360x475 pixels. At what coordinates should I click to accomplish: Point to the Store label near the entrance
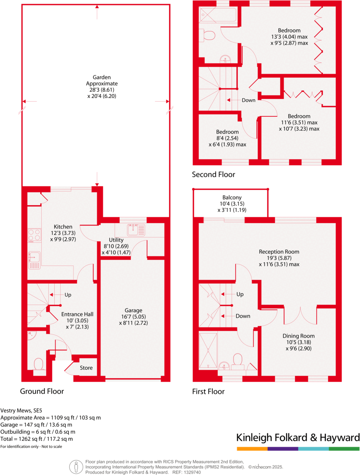pyautogui.click(x=86, y=368)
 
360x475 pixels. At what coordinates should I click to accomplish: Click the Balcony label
pyautogui.click(x=232, y=198)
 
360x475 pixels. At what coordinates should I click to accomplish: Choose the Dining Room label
pyautogui.click(x=298, y=336)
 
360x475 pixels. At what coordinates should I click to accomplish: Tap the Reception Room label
pyautogui.click(x=279, y=251)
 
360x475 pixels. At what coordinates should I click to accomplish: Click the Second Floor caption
pyautogui.click(x=213, y=174)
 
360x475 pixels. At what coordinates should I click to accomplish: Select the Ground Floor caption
pyautogui.click(x=42, y=391)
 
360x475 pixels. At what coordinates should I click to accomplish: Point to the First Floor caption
pyautogui.click(x=208, y=391)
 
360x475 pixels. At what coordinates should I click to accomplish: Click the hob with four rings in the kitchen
pyautogui.click(x=34, y=236)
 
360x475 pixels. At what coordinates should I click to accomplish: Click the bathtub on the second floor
pyautogui.click(x=218, y=15)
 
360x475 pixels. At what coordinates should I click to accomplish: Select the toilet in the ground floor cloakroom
pyautogui.click(x=39, y=364)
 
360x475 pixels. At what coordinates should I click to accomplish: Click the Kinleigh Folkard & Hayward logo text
pyautogui.click(x=298, y=437)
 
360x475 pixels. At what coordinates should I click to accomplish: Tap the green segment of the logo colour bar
pyautogui.click(x=344, y=449)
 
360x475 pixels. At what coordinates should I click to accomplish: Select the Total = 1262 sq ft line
pyautogui.click(x=37, y=439)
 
